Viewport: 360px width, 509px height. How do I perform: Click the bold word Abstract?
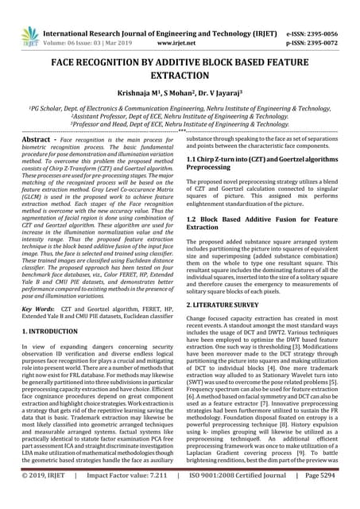coord(36,139)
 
